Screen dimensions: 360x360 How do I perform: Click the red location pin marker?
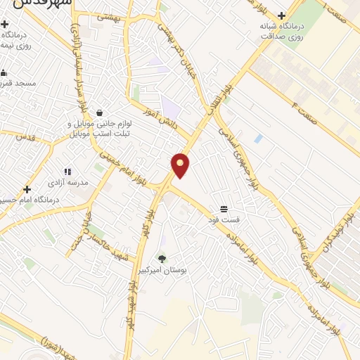pyautogui.click(x=181, y=166)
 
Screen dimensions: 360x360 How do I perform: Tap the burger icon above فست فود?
pyautogui.click(x=223, y=209)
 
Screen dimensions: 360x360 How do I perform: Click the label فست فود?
pyautogui.click(x=223, y=220)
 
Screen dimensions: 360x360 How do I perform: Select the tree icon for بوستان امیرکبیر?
pyautogui.click(x=162, y=259)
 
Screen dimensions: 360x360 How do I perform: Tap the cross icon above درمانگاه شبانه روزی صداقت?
pyautogui.click(x=281, y=15)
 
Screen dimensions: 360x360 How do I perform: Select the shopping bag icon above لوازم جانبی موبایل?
pyautogui.click(x=99, y=112)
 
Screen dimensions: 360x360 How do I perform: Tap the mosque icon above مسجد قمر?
pyautogui.click(x=4, y=72)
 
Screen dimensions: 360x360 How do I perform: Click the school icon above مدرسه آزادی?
pyautogui.click(x=67, y=171)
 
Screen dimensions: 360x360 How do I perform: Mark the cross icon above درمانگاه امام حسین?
pyautogui.click(x=27, y=189)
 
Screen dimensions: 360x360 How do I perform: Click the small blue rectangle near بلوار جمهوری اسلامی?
pyautogui.click(x=258, y=139)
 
